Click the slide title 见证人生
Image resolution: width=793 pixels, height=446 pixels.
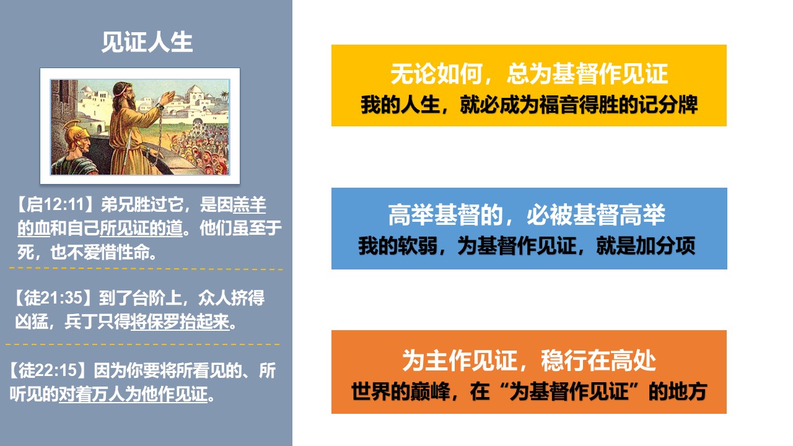147,42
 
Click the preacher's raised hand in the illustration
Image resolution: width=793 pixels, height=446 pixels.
167,97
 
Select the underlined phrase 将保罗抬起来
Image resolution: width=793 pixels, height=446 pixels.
180,321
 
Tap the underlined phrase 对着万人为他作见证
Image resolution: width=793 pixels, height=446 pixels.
133,395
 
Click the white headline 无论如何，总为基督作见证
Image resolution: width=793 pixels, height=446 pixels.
529,74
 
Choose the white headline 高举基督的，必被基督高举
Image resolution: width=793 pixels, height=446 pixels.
527,215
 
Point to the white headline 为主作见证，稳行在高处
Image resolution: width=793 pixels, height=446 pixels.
529,361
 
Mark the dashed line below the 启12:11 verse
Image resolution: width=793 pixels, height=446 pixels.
146,269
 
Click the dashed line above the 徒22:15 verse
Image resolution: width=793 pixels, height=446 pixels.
142,344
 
